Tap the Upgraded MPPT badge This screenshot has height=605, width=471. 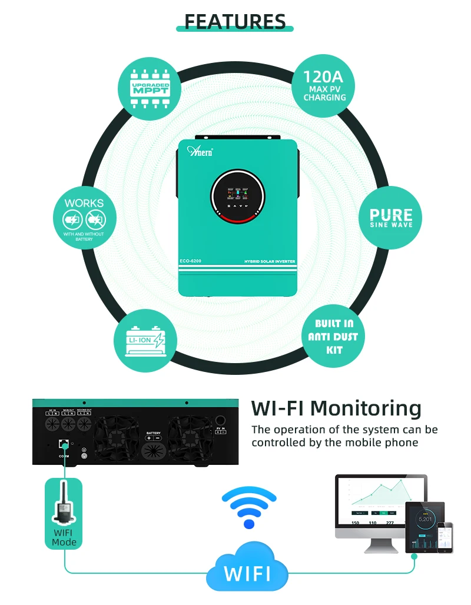(x=150, y=89)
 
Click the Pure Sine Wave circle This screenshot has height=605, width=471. (x=391, y=217)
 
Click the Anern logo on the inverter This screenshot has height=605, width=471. (x=203, y=151)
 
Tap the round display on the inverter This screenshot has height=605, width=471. (x=237, y=196)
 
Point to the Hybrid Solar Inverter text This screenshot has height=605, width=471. (x=269, y=261)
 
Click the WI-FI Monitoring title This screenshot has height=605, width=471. (x=336, y=408)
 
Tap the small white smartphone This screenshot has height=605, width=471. (x=448, y=536)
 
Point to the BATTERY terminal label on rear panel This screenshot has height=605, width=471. (x=153, y=433)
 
